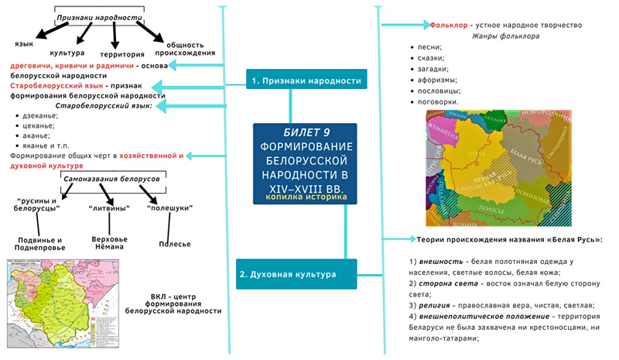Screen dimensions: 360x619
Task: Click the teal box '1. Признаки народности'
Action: pos(306,81)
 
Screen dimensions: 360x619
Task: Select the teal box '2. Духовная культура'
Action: pos(286,274)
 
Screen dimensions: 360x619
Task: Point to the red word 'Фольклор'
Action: pos(446,25)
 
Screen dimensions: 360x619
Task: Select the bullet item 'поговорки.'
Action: pos(438,101)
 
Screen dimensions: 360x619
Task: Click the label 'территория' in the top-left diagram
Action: pos(121,54)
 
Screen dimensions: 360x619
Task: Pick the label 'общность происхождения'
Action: pos(189,48)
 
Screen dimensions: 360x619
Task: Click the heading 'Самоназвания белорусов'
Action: pos(111,179)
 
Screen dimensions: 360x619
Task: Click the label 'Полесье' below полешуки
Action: pos(174,244)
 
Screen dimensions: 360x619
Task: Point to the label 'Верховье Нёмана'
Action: pos(108,243)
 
